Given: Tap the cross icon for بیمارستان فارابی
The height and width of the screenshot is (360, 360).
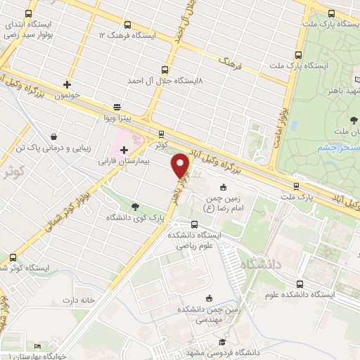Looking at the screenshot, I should point(124,149).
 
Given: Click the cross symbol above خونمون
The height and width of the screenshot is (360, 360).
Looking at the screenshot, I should point(67,84).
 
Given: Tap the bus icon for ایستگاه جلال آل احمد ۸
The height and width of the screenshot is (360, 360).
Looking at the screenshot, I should point(165,70).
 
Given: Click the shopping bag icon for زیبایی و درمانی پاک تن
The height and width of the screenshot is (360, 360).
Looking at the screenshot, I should point(53,136).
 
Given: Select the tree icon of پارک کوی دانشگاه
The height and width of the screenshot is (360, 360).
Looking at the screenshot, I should point(135,205).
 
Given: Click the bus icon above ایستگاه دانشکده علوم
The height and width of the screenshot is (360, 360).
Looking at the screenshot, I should point(301,284).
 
